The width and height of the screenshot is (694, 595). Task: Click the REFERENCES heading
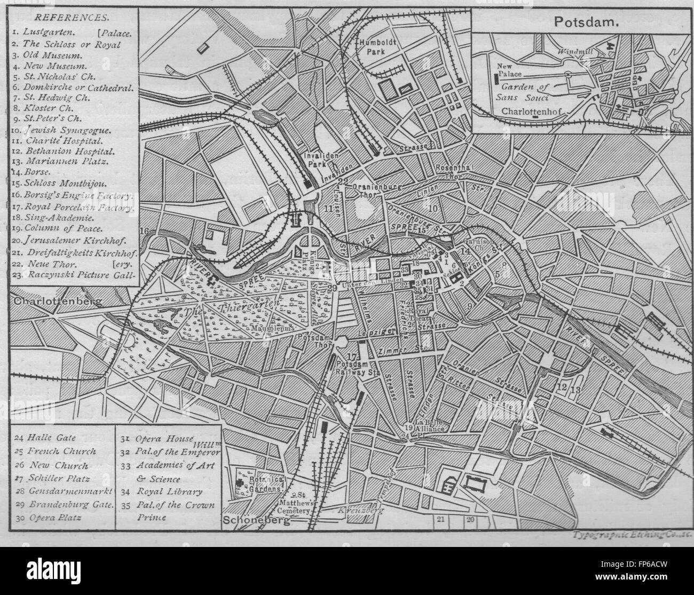click(x=56, y=17)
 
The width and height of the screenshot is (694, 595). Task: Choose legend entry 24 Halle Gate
click(x=45, y=439)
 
